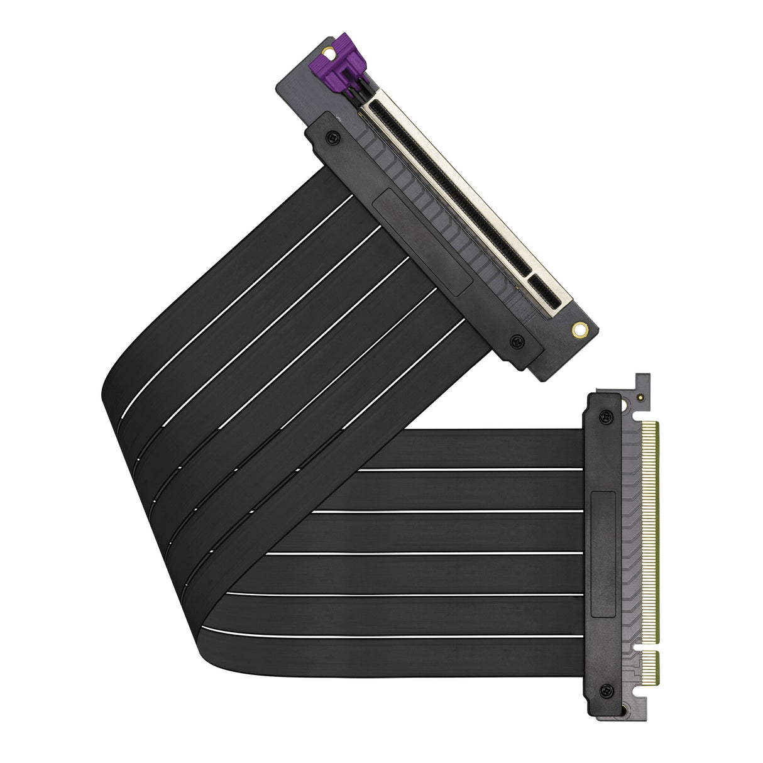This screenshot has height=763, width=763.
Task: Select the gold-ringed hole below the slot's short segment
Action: pyautogui.click(x=579, y=328)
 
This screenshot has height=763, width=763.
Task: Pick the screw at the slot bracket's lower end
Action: pyautogui.click(x=517, y=341)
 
